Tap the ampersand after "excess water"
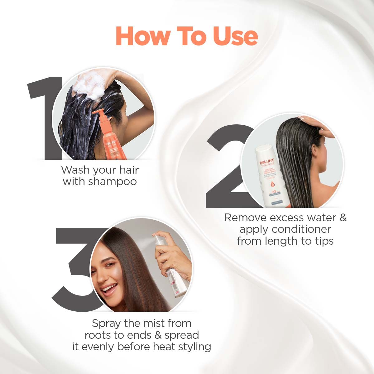point(343,217)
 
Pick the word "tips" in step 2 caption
point(323,241)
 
